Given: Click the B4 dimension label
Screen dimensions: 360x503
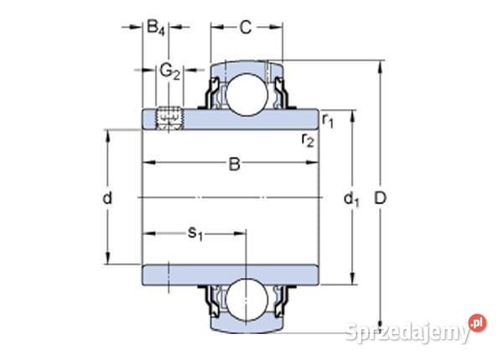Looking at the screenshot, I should (156, 29).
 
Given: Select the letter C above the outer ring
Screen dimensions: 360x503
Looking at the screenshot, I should (245, 28).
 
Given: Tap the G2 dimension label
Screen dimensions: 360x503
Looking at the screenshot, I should (170, 70).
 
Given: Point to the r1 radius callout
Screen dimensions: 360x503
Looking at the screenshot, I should (328, 123).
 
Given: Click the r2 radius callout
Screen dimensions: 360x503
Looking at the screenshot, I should (308, 139).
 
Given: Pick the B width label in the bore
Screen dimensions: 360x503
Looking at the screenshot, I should (235, 164).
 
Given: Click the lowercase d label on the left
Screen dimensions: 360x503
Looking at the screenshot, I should (106, 198).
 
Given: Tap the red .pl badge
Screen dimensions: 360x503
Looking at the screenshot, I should (477, 323).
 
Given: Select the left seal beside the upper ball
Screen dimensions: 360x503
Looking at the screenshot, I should (214, 91).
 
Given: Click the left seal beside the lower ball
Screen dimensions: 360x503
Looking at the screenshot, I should (214, 302).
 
